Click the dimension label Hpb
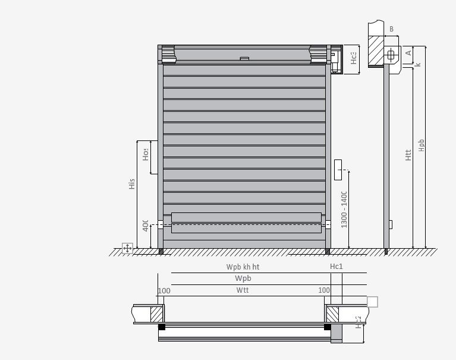(x=422, y=145)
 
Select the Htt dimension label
(x=408, y=155)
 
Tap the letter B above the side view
(x=391, y=29)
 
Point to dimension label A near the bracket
(x=408, y=53)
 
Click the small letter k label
(x=418, y=64)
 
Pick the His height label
(x=131, y=184)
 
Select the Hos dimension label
(x=145, y=155)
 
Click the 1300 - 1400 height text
(x=344, y=209)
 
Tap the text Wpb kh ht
(x=243, y=267)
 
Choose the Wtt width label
(x=243, y=290)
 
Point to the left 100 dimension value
(x=164, y=290)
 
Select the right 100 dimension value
(x=324, y=290)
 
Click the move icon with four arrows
(x=127, y=248)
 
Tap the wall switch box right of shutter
(x=339, y=169)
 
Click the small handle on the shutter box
(x=244, y=58)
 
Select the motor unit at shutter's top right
(x=335, y=60)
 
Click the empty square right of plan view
(x=372, y=302)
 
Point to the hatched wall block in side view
(x=376, y=50)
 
